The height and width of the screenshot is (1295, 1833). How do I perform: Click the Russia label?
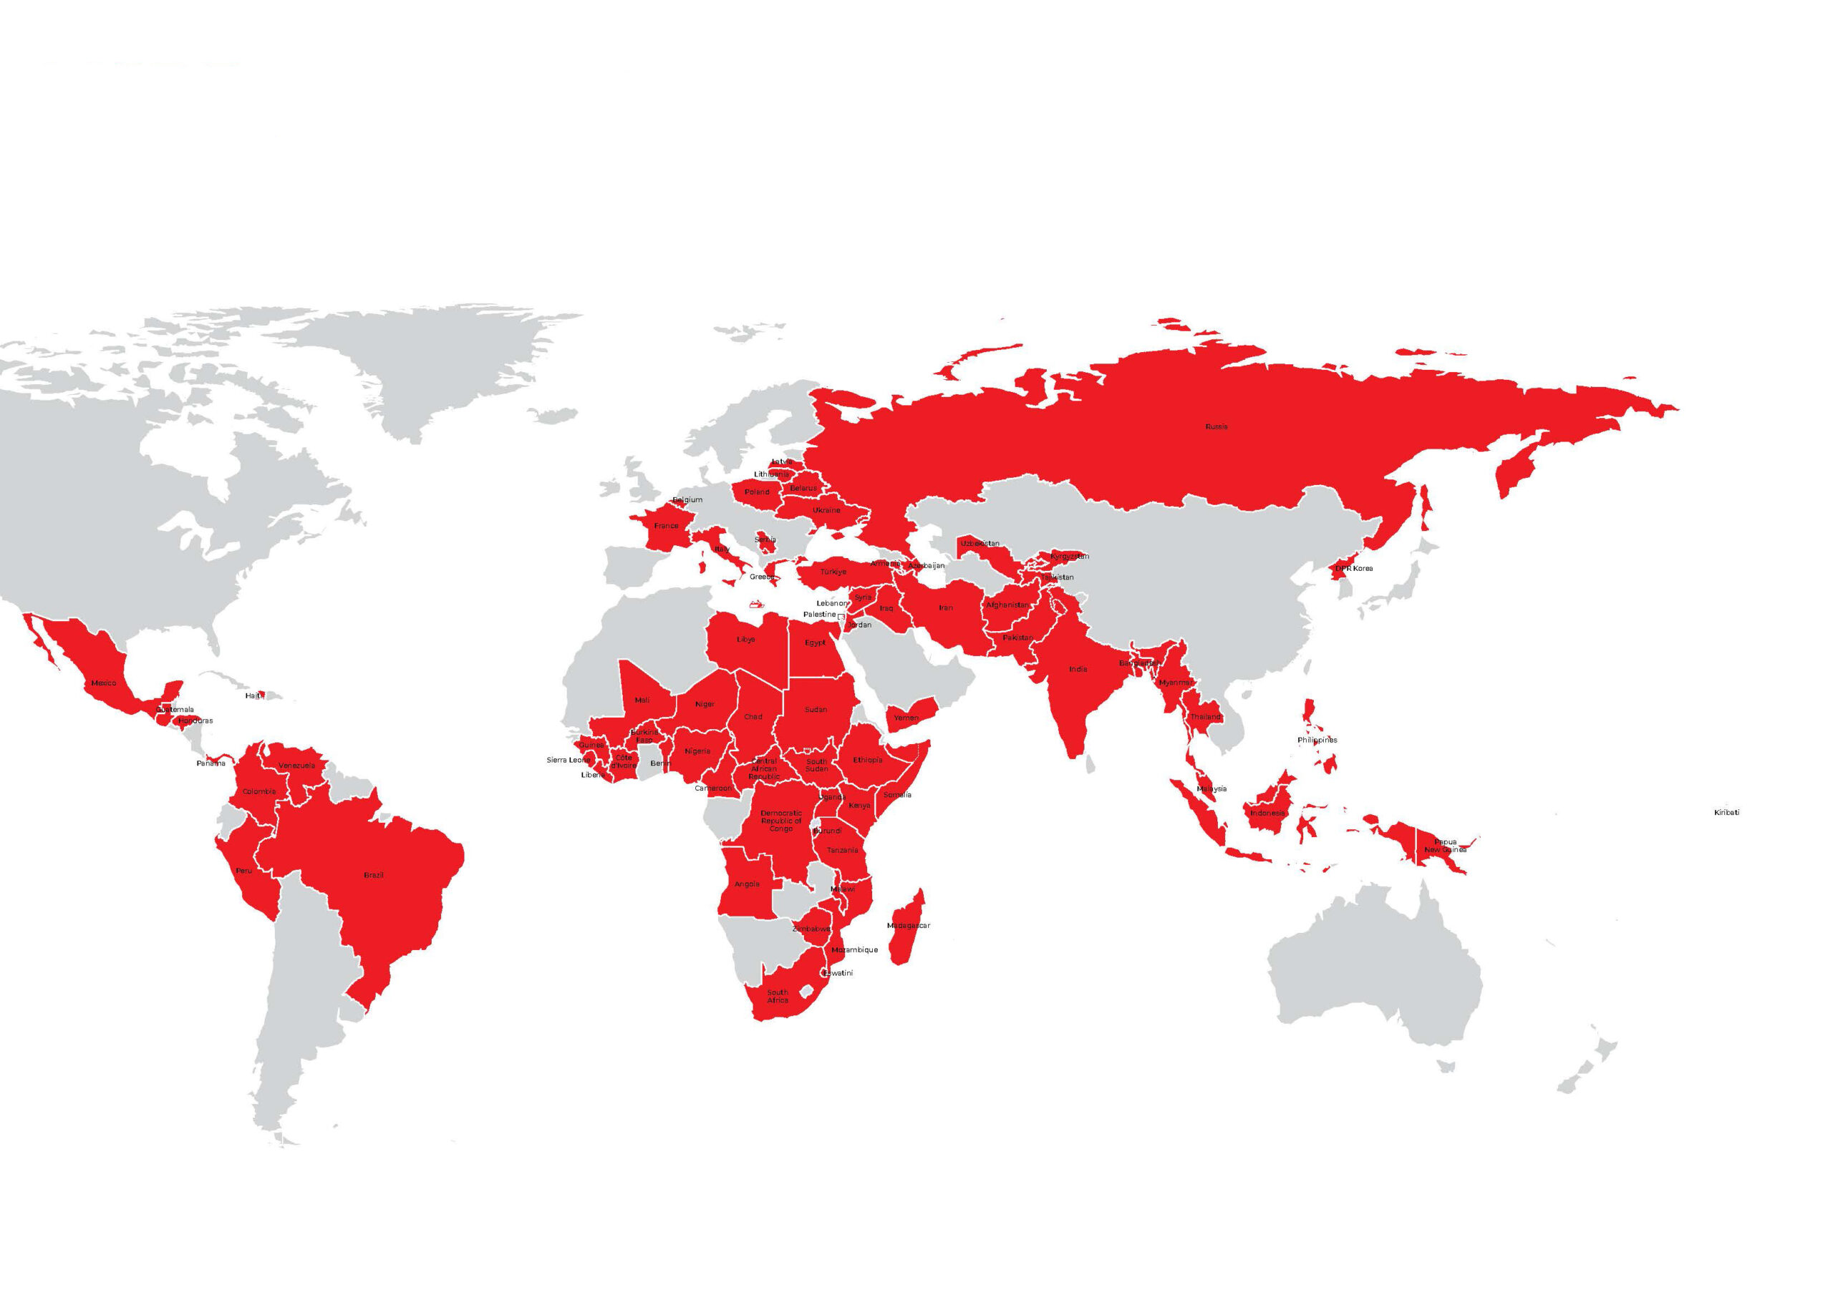[1216, 427]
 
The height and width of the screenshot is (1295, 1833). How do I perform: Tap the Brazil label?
[374, 875]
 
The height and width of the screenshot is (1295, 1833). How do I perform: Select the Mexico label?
[104, 683]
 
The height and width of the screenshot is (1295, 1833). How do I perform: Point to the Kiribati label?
[1726, 812]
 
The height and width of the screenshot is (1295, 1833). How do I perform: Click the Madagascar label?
[909, 926]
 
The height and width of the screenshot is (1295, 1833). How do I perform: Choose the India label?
[1078, 670]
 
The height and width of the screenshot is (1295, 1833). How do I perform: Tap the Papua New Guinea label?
[1445, 846]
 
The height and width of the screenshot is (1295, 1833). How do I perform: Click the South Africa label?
[778, 997]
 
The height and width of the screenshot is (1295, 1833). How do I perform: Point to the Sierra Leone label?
[568, 760]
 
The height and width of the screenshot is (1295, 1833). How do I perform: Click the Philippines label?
[1317, 740]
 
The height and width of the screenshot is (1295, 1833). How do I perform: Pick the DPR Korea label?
[1354, 568]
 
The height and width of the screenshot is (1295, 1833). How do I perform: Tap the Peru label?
[243, 871]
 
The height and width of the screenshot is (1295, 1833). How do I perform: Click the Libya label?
[745, 639]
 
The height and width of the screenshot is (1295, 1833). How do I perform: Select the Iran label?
[945, 608]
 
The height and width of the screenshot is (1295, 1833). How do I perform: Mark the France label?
[666, 526]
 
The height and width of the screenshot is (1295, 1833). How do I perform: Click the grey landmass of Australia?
[1373, 965]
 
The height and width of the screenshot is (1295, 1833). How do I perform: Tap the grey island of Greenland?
[447, 367]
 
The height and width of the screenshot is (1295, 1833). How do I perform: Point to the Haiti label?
[252, 695]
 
